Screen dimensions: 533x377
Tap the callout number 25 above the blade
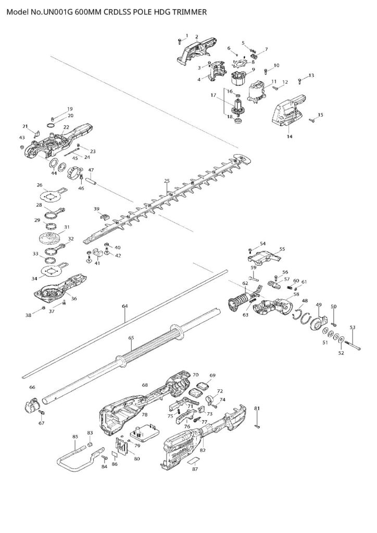(167, 181)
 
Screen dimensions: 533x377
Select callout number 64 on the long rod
(124, 307)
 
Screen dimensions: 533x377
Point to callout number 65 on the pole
(131, 337)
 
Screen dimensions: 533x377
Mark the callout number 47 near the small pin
(91, 170)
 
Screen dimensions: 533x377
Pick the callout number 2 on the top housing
(196, 36)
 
